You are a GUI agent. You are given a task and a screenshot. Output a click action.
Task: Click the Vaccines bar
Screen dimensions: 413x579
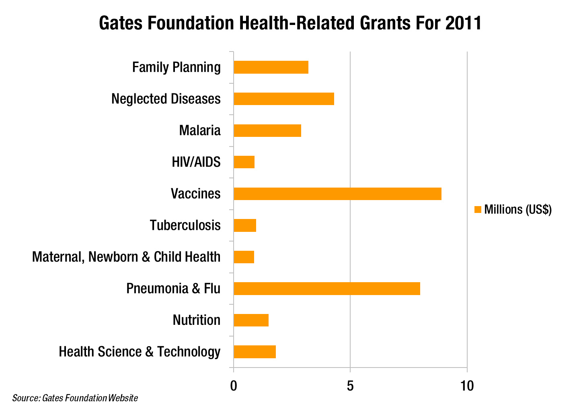(337, 194)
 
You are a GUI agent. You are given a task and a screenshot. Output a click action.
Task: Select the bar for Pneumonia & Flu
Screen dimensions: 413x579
(326, 289)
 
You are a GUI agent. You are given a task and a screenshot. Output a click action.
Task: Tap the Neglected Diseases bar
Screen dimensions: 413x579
(283, 99)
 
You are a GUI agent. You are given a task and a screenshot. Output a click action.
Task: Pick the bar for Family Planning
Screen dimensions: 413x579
(271, 67)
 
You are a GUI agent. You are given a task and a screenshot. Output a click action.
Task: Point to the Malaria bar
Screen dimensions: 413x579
(267, 130)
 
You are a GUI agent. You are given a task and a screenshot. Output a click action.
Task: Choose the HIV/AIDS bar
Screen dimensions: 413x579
(244, 162)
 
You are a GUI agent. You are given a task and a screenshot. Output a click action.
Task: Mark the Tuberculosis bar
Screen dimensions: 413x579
(244, 225)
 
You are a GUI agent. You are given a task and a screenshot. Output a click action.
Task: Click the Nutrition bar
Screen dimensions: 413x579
(251, 320)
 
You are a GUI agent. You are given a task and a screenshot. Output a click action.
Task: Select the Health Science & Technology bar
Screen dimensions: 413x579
(255, 352)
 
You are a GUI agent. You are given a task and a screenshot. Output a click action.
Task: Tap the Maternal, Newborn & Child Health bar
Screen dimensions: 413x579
(244, 257)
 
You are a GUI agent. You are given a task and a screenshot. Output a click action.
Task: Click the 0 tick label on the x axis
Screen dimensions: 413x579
(233, 386)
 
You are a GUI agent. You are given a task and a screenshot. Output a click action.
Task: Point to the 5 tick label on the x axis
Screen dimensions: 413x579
(350, 386)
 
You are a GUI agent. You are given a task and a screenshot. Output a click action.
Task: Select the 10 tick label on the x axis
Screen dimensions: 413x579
(467, 386)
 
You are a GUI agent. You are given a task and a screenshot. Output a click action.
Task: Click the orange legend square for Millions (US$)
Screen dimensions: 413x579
(478, 210)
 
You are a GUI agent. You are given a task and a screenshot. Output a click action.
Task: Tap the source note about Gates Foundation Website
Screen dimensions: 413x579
(75, 398)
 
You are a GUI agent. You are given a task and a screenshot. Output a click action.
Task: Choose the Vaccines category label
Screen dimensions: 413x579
(195, 194)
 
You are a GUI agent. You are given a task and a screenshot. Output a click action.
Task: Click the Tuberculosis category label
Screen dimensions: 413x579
(185, 225)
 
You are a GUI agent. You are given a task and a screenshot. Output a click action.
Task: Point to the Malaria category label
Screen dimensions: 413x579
(200, 130)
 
